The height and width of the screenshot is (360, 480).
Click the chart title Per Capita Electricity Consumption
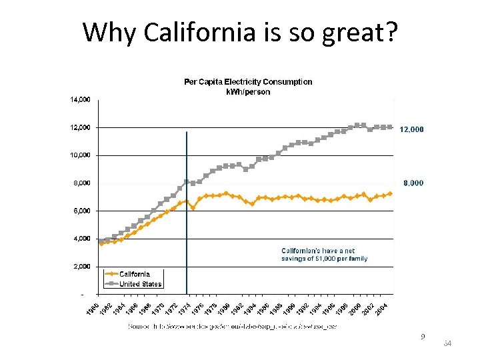(x=248, y=82)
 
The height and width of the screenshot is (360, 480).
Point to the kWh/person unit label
(x=248, y=91)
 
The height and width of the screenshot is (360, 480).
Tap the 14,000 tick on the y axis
(x=80, y=100)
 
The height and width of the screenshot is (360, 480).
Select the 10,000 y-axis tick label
(x=80, y=155)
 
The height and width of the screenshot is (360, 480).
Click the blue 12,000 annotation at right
(x=411, y=129)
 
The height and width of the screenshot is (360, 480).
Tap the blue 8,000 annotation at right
(x=413, y=183)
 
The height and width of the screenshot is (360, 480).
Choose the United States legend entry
(x=140, y=284)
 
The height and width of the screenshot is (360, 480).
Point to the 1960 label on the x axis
(x=93, y=310)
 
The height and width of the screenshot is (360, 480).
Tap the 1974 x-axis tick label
(x=185, y=310)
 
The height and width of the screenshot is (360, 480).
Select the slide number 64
(x=447, y=343)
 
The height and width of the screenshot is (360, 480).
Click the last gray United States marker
(x=390, y=127)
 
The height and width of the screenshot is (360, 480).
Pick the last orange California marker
(x=390, y=193)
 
